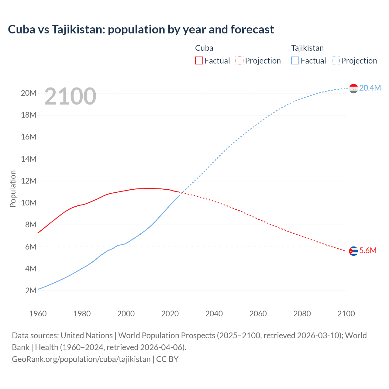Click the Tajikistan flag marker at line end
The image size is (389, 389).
353,88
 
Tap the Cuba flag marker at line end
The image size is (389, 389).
353,251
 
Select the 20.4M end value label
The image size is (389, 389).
370,88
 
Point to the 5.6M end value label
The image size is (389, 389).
368,250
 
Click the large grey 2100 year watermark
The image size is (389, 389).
70,96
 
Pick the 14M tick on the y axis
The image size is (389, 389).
29,159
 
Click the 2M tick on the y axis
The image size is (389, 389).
31,291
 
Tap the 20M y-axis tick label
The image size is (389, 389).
29,93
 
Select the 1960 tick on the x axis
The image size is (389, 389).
38,314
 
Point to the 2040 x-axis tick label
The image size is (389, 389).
214,314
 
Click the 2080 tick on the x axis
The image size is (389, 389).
302,314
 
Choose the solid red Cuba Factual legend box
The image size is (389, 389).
199,61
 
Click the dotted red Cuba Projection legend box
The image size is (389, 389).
239,61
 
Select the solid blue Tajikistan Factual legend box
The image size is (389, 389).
295,61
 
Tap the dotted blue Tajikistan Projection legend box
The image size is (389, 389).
336,61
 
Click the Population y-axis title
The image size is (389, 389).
13,189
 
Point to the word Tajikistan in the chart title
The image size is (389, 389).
78,29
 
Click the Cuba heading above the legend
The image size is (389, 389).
204,48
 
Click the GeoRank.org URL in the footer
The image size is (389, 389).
81,359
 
